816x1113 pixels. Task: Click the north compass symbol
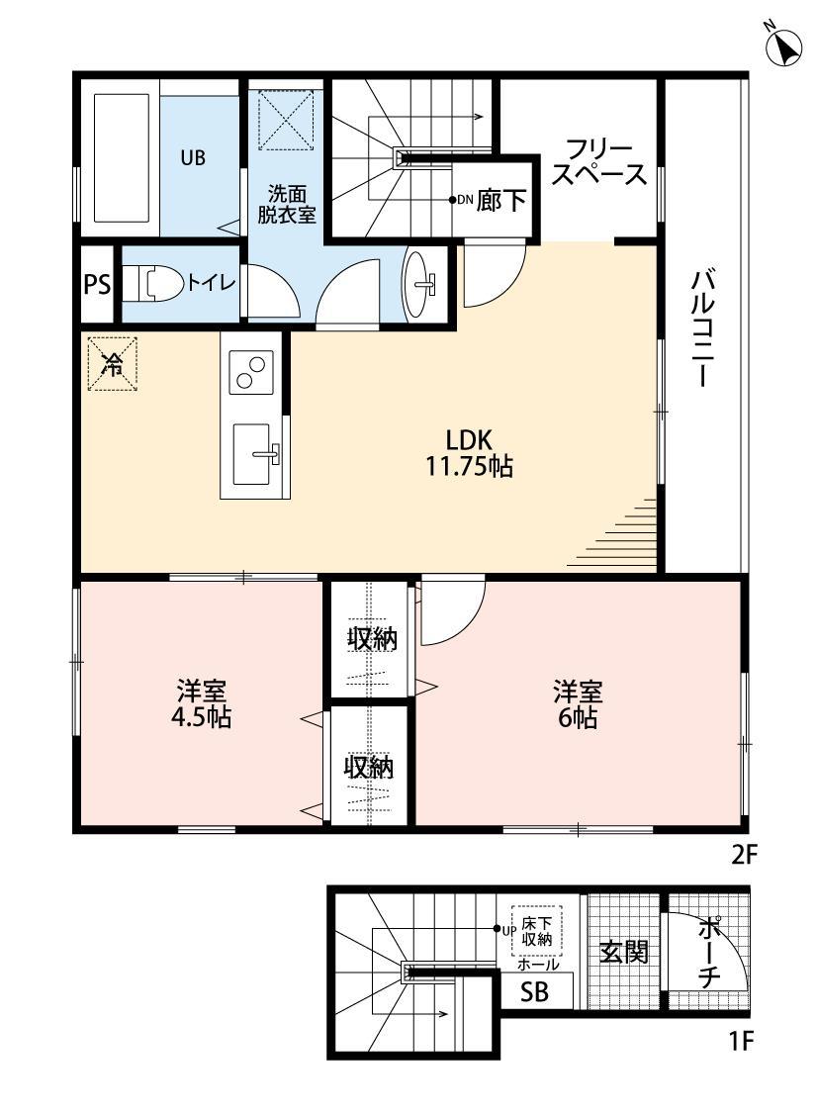pyautogui.click(x=784, y=46)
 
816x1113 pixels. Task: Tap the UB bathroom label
pyautogui.click(x=193, y=156)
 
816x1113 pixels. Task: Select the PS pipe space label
pyautogui.click(x=97, y=285)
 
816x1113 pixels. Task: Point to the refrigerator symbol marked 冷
pyautogui.click(x=112, y=364)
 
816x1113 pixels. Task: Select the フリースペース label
pyautogui.click(x=599, y=163)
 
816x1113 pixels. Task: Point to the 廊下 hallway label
pyautogui.click(x=501, y=201)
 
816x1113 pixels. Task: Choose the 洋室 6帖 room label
pyautogui.click(x=578, y=703)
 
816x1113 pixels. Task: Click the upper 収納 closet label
pyautogui.click(x=371, y=639)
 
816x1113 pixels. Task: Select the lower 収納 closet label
pyautogui.click(x=369, y=767)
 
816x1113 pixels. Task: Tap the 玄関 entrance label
pyautogui.click(x=624, y=952)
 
